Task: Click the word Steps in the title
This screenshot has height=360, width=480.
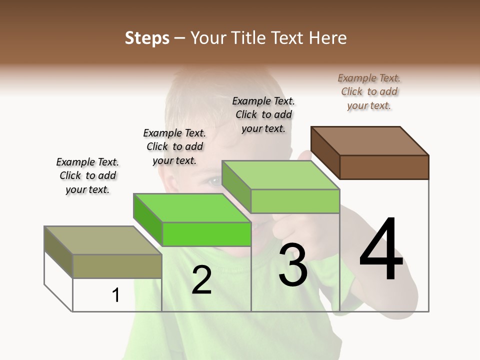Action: pyautogui.click(x=147, y=38)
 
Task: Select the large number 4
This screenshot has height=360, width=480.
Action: pyautogui.click(x=381, y=250)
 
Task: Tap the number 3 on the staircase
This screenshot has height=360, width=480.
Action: pyautogui.click(x=293, y=264)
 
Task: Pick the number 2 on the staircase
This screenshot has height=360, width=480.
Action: pyautogui.click(x=201, y=280)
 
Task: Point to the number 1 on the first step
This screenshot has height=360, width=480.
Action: pyautogui.click(x=116, y=295)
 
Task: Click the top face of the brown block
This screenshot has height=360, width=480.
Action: pyautogui.click(x=370, y=141)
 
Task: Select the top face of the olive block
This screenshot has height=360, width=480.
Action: pyautogui.click(x=102, y=240)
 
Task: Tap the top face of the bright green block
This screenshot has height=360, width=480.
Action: pyautogui.click(x=192, y=208)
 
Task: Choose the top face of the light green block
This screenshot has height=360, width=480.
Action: pyautogui.click(x=280, y=175)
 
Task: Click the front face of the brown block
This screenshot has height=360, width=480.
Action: pyautogui.click(x=384, y=167)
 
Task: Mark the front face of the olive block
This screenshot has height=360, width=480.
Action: pyautogui.click(x=117, y=266)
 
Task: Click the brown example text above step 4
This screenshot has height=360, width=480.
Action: pyautogui.click(x=369, y=91)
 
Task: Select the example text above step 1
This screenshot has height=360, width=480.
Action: pyautogui.click(x=87, y=175)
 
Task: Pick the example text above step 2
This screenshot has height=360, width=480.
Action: pyautogui.click(x=174, y=146)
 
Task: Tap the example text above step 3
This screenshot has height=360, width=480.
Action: pyautogui.click(x=263, y=114)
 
